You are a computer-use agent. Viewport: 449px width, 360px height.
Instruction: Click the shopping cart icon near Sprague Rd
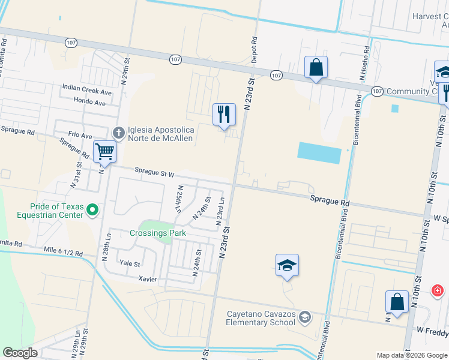click(x=104, y=151)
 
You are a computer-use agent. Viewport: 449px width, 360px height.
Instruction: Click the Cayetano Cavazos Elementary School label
click(x=261, y=318)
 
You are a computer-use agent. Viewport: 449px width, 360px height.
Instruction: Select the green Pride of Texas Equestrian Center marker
click(x=92, y=210)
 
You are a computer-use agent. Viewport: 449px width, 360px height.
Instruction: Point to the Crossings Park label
click(x=158, y=233)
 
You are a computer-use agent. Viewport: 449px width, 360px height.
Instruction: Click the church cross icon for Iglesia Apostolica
click(x=119, y=132)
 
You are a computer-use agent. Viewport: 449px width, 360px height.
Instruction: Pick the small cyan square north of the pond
click(x=394, y=109)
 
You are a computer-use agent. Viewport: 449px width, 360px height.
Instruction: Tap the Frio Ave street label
click(x=80, y=136)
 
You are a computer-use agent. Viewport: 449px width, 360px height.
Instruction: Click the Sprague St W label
click(x=154, y=173)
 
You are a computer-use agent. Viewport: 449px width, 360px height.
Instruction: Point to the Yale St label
click(x=130, y=263)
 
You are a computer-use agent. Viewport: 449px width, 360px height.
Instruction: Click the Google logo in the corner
click(x=20, y=353)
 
